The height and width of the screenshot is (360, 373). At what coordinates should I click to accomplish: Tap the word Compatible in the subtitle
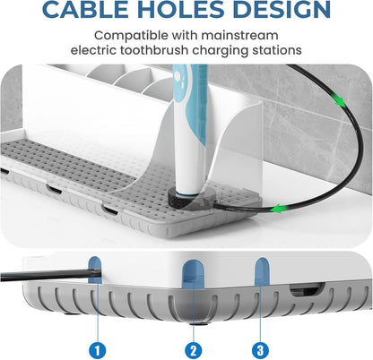click(x=131, y=36)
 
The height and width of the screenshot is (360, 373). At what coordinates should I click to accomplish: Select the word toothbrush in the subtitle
click(x=154, y=50)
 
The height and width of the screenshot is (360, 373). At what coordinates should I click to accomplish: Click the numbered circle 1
click(x=98, y=350)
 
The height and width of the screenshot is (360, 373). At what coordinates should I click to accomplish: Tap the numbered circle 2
click(x=194, y=350)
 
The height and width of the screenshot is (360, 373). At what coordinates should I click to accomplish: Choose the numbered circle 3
click(x=260, y=350)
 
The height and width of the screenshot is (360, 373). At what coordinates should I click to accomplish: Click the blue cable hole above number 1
click(x=95, y=270)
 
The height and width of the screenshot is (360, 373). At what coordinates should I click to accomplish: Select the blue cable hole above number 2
click(x=194, y=274)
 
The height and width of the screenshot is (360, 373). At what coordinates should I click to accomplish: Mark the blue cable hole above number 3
click(x=262, y=271)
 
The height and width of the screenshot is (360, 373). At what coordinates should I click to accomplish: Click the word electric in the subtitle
click(x=93, y=50)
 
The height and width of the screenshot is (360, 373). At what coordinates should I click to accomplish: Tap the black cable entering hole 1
click(x=50, y=275)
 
